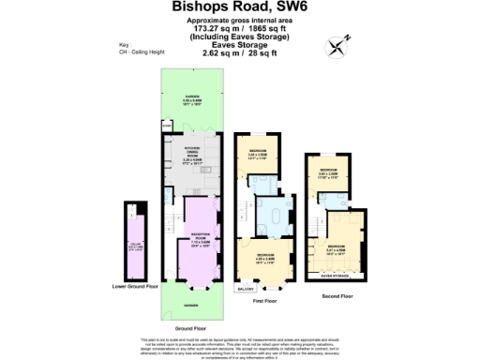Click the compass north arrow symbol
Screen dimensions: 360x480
click(x=337, y=44)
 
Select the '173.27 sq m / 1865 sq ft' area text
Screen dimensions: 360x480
click(x=240, y=28)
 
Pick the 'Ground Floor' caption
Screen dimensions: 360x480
click(x=190, y=328)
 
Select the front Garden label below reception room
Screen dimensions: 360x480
click(x=190, y=306)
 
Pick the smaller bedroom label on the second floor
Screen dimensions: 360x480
click(x=327, y=174)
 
